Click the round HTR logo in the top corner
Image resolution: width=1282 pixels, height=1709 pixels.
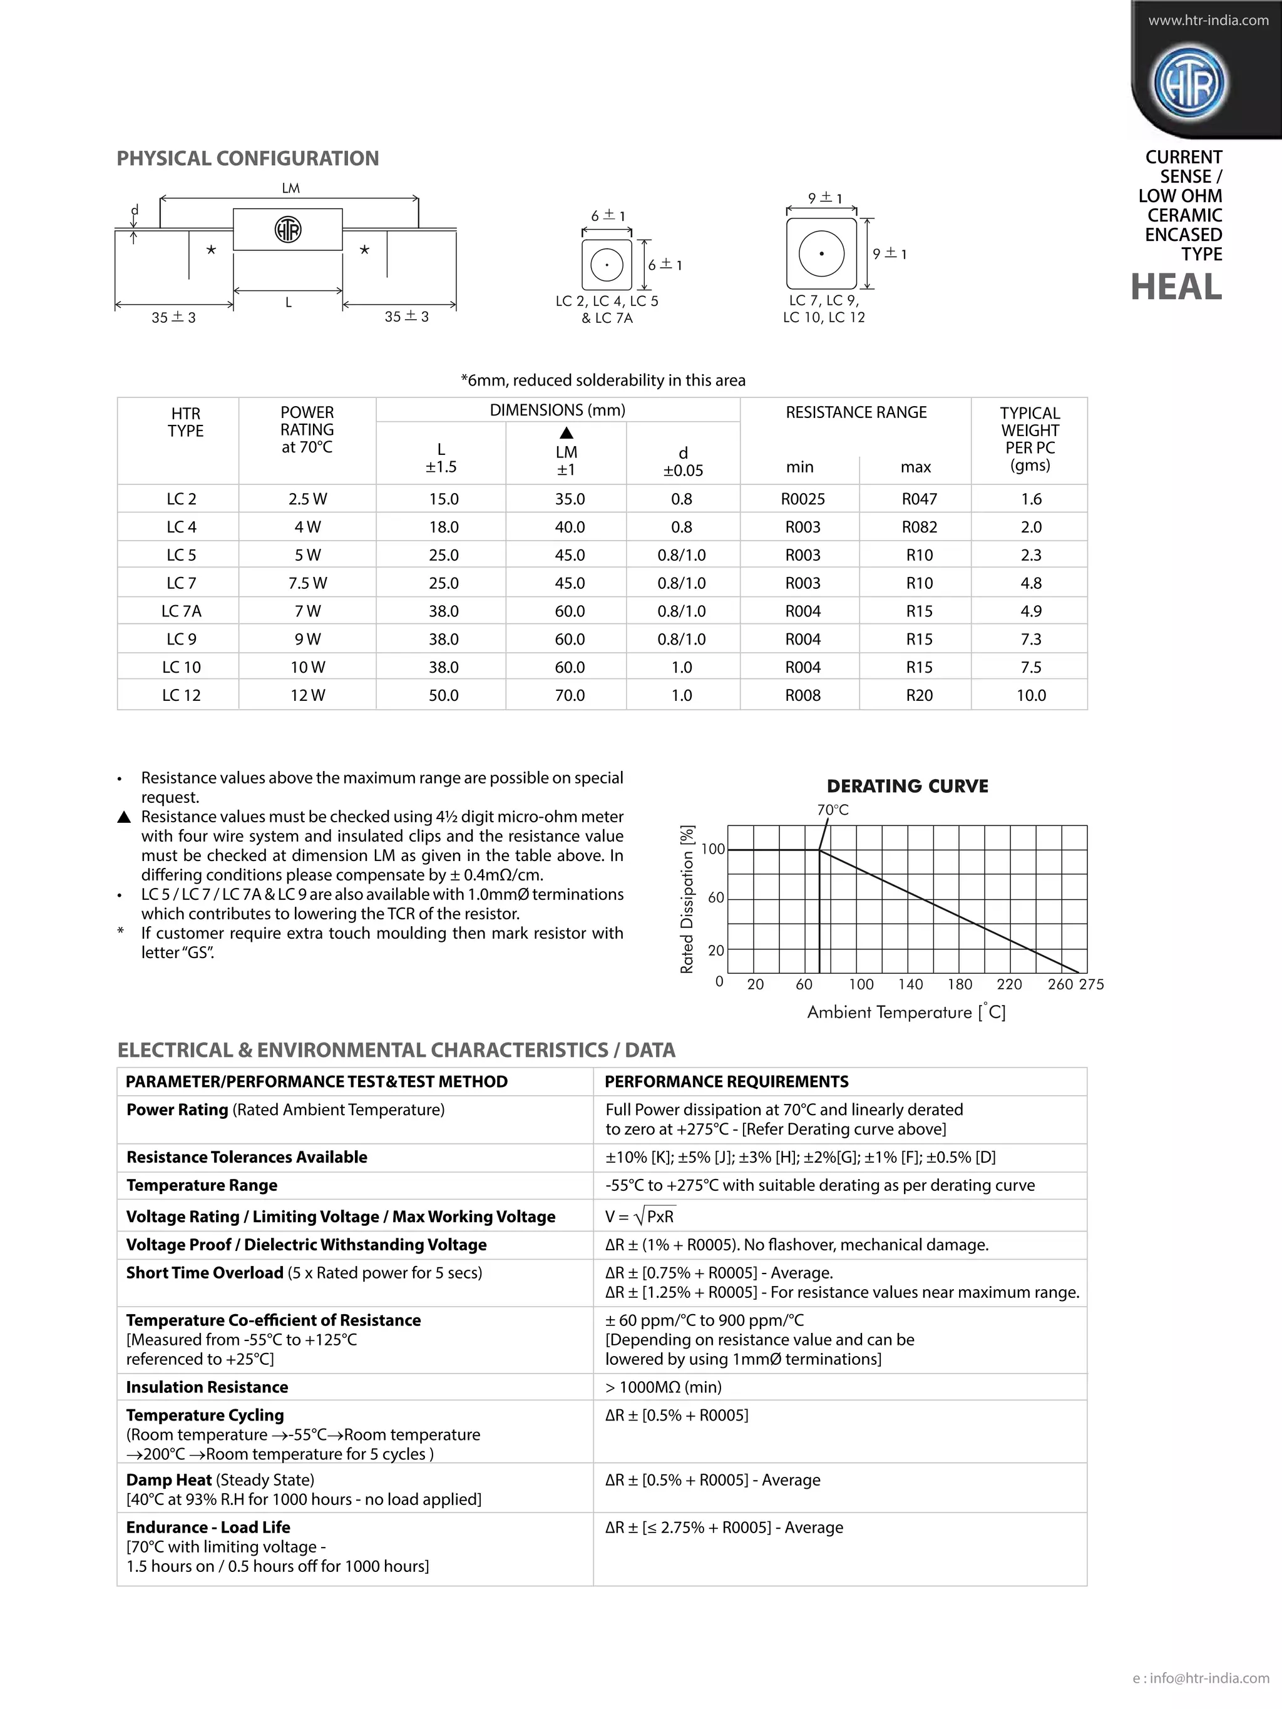1189,83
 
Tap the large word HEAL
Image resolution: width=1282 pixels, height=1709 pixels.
1176,287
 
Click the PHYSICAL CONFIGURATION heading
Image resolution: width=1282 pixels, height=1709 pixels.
247,158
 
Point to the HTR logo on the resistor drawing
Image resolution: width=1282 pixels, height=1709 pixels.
288,230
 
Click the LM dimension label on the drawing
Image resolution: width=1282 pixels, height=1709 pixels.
290,188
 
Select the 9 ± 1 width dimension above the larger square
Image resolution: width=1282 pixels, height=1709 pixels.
824,198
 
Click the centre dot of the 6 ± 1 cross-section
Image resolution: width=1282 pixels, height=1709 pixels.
607,265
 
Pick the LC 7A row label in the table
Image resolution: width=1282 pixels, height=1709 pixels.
181,611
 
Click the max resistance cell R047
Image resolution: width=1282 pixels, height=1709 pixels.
919,499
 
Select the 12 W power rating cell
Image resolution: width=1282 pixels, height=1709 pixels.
307,695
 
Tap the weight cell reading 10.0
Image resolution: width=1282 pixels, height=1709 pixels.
1031,695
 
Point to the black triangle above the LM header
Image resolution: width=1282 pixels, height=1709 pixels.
567,432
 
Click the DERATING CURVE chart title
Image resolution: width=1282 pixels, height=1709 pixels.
907,786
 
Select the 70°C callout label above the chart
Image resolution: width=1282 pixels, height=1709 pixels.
833,810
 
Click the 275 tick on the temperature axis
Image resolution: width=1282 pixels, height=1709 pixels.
1092,984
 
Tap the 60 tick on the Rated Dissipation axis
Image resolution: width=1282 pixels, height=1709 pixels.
715,898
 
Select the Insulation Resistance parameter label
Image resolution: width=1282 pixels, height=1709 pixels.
207,1387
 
